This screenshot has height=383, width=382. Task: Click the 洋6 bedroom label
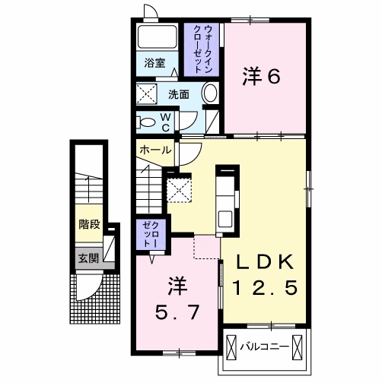click(x=262, y=76)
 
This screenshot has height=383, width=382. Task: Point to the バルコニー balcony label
click(x=264, y=347)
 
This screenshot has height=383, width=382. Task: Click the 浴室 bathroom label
click(x=155, y=64)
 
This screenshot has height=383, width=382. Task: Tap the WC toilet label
click(x=166, y=121)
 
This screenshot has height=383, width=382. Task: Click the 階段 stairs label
click(x=89, y=225)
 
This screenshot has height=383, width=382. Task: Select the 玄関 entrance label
click(x=88, y=258)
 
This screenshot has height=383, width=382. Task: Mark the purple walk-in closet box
click(x=202, y=47)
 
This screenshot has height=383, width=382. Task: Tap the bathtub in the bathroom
click(x=158, y=38)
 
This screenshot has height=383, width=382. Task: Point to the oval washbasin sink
click(x=210, y=94)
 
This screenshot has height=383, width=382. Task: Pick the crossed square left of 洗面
click(x=147, y=95)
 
